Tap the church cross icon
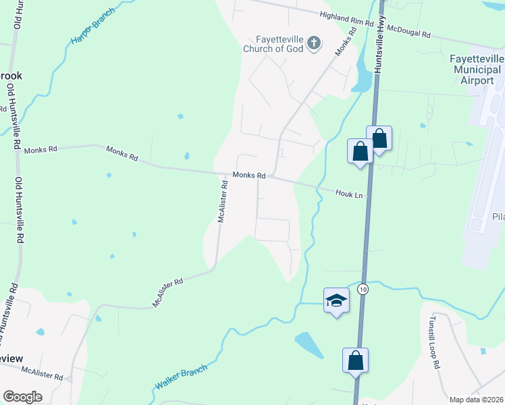(x=313, y=44)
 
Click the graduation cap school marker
(x=336, y=300)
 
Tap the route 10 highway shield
(x=363, y=289)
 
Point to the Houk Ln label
(x=350, y=194)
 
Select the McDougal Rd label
(x=415, y=30)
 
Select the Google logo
(x=22, y=397)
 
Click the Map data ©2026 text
(x=477, y=400)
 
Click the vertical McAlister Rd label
(x=223, y=201)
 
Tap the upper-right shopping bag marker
(x=379, y=139)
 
